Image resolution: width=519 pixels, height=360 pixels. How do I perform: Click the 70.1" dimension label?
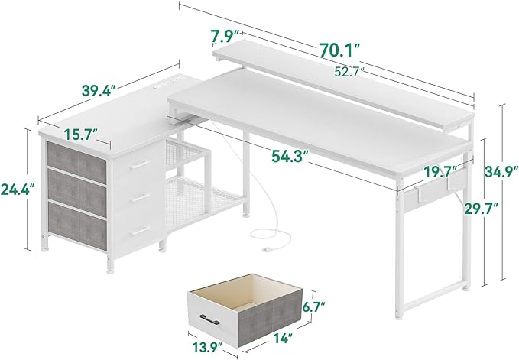[339, 50]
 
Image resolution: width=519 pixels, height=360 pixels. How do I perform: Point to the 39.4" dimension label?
[99, 91]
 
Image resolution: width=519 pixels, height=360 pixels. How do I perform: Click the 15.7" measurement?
[81, 135]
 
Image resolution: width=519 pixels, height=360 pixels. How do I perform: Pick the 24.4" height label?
[18, 190]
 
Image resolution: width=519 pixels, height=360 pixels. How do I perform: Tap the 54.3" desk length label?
[290, 156]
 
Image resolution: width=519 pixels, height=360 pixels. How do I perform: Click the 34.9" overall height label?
[501, 171]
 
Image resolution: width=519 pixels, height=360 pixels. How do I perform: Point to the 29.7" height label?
[481, 209]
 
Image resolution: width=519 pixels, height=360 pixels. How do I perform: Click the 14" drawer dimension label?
[283, 339]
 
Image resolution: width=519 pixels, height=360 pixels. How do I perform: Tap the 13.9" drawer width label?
[208, 349]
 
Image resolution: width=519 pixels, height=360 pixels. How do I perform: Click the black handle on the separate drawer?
[209, 320]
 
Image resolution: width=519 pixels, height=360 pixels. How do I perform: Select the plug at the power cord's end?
[266, 248]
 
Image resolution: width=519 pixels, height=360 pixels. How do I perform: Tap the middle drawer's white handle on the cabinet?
[140, 198]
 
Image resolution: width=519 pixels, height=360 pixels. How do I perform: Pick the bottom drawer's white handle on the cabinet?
[140, 231]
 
